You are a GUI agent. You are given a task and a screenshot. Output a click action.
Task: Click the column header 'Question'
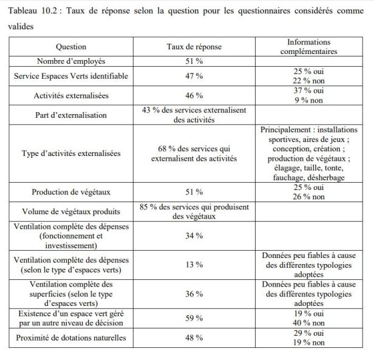click(71, 47)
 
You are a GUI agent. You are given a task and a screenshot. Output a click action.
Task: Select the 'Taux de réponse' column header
click(194, 47)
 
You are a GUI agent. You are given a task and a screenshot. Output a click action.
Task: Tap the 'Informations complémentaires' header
click(309, 47)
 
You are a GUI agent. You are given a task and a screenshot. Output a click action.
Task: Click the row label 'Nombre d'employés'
click(71, 61)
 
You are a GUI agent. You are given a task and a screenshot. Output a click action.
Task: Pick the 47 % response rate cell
click(194, 75)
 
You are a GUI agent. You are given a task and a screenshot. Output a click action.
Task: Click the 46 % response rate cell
click(194, 96)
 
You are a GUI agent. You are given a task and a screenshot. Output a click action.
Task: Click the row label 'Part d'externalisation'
click(71, 115)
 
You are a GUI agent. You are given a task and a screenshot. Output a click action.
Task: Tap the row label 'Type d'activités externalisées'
click(71, 154)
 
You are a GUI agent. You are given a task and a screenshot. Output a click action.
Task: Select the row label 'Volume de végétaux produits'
click(71, 212)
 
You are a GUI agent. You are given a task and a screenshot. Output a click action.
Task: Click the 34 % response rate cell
click(194, 236)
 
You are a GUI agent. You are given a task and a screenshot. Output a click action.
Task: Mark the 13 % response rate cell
click(194, 264)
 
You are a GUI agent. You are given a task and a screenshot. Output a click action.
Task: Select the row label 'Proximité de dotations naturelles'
click(71, 338)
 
